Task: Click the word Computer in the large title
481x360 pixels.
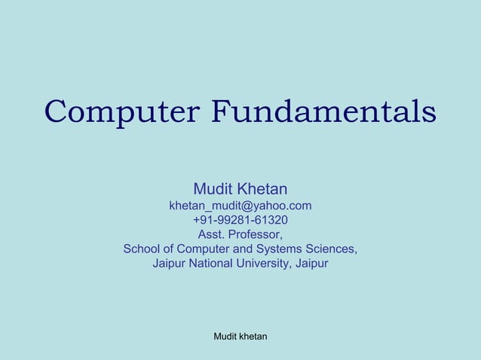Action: pos(121,113)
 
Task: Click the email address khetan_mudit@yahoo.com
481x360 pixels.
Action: pos(240,206)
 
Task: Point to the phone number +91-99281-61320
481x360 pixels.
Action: pos(240,220)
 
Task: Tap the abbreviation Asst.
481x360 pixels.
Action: pos(212,234)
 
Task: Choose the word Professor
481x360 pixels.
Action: pos(256,234)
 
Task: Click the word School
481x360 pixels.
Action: pos(142,249)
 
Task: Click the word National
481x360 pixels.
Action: pos(213,264)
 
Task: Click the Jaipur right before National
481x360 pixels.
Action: pos(170,264)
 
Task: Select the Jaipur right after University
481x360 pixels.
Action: pos(311,264)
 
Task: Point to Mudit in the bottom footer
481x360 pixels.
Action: pos(225,336)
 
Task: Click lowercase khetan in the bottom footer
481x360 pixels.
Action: pos(253,336)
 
